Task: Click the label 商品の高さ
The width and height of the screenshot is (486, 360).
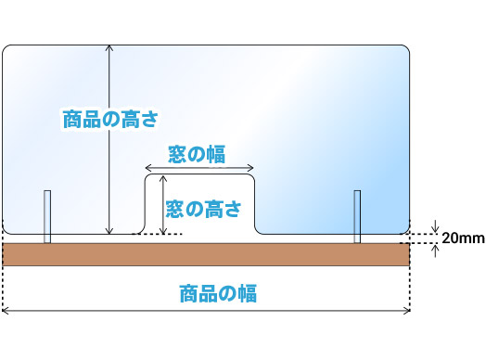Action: pyautogui.click(x=111, y=120)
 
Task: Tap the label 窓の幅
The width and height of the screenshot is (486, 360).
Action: pyautogui.click(x=198, y=154)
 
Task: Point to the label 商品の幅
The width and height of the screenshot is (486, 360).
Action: pyautogui.click(x=216, y=294)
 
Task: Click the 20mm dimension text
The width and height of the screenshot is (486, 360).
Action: pyautogui.click(x=461, y=238)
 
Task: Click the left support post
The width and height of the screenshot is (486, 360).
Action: pyautogui.click(x=47, y=216)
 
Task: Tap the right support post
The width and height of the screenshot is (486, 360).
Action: pyautogui.click(x=357, y=216)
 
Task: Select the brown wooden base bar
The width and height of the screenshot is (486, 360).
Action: pyautogui.click(x=206, y=254)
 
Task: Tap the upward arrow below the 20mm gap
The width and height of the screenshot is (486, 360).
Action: pyautogui.click(x=435, y=248)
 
